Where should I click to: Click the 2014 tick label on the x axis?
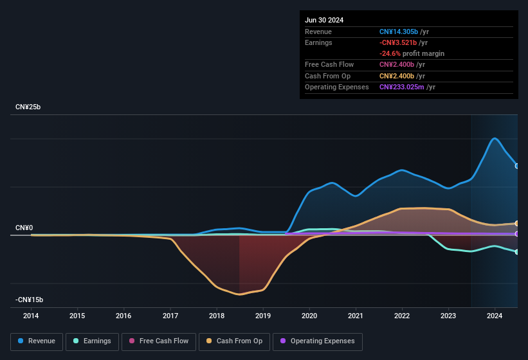coord(31,316)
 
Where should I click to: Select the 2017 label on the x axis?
coord(170,316)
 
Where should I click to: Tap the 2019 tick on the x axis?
coord(262,316)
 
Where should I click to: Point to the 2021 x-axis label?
coord(355,316)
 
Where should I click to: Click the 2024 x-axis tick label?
coord(494,316)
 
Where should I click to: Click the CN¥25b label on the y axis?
coord(28,107)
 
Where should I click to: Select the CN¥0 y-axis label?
coord(24,228)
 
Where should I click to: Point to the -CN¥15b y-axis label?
coord(30,300)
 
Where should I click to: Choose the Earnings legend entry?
coord(92,341)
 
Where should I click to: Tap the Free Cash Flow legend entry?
coord(159,341)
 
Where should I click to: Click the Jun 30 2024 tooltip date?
coord(324,20)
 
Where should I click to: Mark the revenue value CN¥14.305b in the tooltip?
coord(399,32)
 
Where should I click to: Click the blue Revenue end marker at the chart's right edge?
coord(517,166)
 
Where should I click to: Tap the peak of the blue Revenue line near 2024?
coord(494,138)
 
